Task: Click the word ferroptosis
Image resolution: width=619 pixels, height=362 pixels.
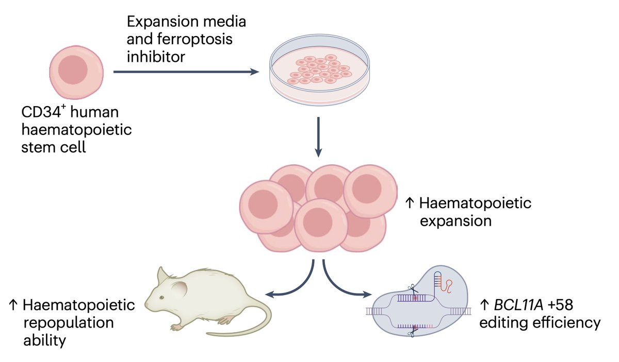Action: pyautogui.click(x=195, y=40)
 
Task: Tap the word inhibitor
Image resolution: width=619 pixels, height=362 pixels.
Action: pyautogui.click(x=156, y=57)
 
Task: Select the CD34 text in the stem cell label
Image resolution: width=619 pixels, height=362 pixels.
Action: pyautogui.click(x=41, y=112)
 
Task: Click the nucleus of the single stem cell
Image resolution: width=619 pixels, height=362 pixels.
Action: pyautogui.click(x=73, y=70)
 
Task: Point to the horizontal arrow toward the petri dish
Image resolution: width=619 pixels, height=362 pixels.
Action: pyautogui.click(x=186, y=72)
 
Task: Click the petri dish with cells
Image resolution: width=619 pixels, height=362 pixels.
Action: pyautogui.click(x=319, y=70)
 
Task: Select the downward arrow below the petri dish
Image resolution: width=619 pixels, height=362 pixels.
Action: pyautogui.click(x=318, y=137)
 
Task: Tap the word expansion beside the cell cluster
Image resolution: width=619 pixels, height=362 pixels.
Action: pyautogui.click(x=455, y=221)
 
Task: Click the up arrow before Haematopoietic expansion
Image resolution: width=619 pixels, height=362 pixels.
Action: pyautogui.click(x=410, y=203)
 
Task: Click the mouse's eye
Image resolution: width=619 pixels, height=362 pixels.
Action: pyautogui.click(x=161, y=298)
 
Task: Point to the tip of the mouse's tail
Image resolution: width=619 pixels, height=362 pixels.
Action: pyautogui.click(x=207, y=334)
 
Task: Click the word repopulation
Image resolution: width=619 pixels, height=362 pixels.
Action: pyautogui.click(x=69, y=323)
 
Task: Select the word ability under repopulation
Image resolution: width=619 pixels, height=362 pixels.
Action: pyautogui.click(x=45, y=341)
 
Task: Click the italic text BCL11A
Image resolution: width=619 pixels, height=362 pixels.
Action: pyautogui.click(x=518, y=305)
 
